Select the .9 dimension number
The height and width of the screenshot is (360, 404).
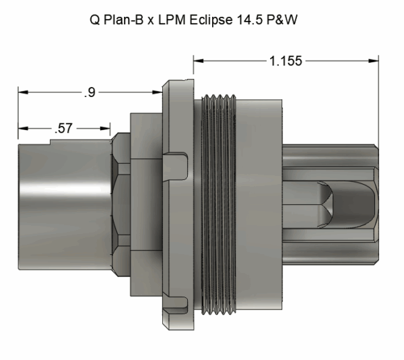tap(90, 93)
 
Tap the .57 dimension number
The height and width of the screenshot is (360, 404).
tap(65, 128)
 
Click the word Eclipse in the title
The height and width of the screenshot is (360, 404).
tap(229, 21)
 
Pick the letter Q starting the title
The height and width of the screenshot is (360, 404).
tap(94, 21)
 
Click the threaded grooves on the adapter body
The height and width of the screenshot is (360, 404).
tap(219, 209)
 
